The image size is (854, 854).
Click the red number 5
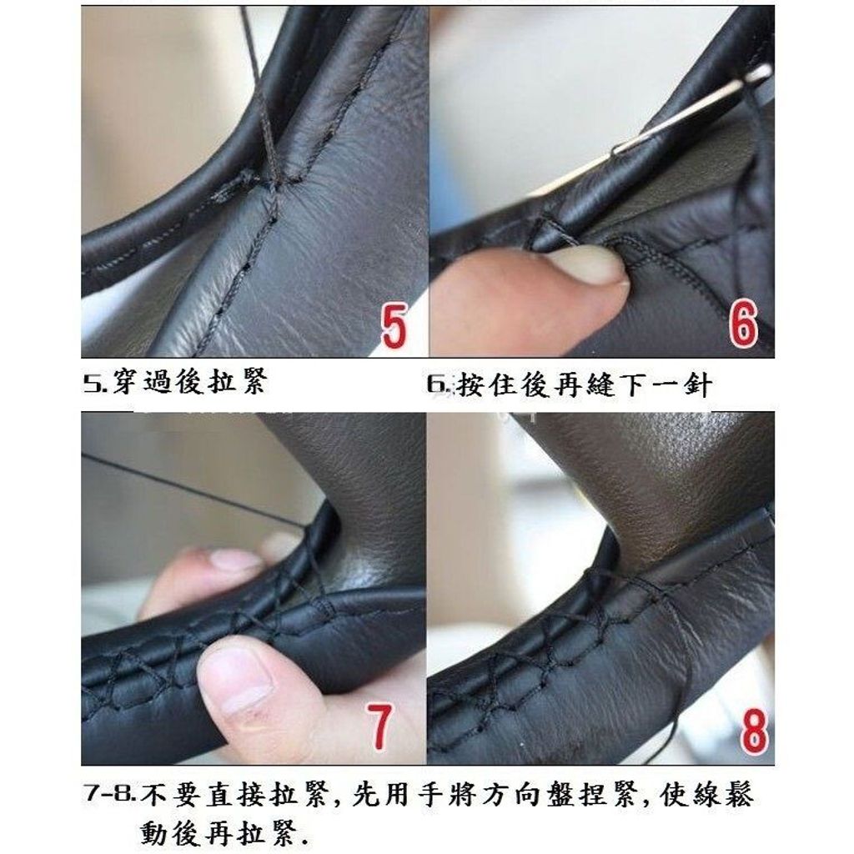(394, 326)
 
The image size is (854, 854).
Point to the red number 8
(754, 729)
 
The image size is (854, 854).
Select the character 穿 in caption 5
(125, 381)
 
